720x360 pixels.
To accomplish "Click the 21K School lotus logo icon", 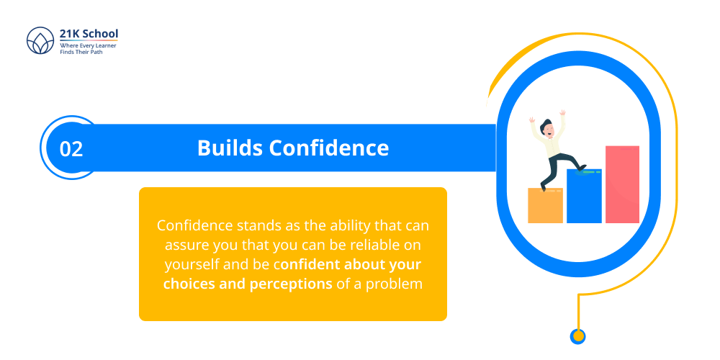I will [40, 42].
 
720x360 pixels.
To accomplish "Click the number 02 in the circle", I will [71, 149].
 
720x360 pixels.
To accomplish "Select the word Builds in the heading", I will [230, 148].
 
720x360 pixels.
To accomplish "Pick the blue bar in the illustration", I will [584, 197].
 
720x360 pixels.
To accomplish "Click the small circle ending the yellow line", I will [577, 336].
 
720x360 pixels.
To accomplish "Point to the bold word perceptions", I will [291, 284].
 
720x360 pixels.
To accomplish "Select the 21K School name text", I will [89, 33].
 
